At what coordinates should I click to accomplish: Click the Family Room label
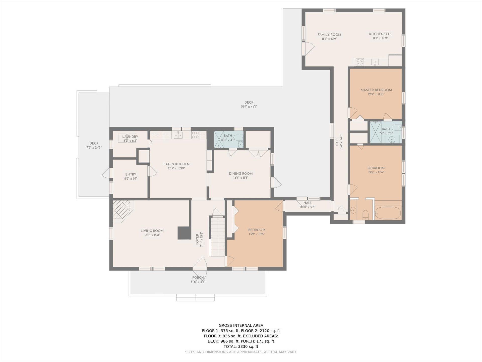click(x=329, y=35)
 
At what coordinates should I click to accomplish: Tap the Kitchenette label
click(x=380, y=34)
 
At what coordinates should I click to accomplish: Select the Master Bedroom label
click(x=376, y=90)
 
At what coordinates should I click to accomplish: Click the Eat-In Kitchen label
click(x=176, y=164)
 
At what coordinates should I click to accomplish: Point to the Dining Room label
click(x=241, y=173)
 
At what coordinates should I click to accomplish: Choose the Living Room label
click(x=152, y=231)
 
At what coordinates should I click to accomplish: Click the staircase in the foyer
click(x=217, y=237)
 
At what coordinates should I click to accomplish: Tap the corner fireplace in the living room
click(x=122, y=210)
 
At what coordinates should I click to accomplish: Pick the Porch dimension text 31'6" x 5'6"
click(x=198, y=282)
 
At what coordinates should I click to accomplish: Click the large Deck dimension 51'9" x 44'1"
click(x=249, y=107)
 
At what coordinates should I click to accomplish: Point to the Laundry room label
click(x=130, y=137)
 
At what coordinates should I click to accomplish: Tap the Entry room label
click(x=131, y=174)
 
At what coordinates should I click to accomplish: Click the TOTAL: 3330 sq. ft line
click(x=241, y=346)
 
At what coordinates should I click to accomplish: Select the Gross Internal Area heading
click(x=241, y=325)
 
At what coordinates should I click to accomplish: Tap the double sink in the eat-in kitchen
click(x=178, y=135)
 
